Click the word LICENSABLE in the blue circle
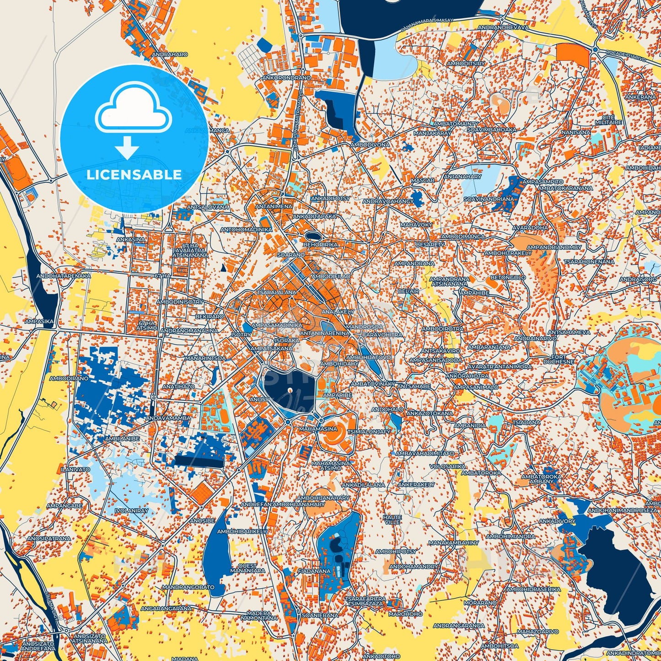pos(134,174)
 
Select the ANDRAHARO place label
pos(170,54)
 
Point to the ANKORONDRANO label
pos(286,78)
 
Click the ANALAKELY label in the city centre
pos(338,312)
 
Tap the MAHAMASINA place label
pos(318,429)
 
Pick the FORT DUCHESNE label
pos(559,359)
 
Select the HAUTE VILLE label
pos(392,519)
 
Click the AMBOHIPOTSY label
pos(396,552)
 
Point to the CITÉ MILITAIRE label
pos(608,120)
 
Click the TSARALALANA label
pos(276,292)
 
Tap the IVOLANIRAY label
pos(132,511)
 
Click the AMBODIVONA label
pos(370,145)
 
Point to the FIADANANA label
pos(314,571)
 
